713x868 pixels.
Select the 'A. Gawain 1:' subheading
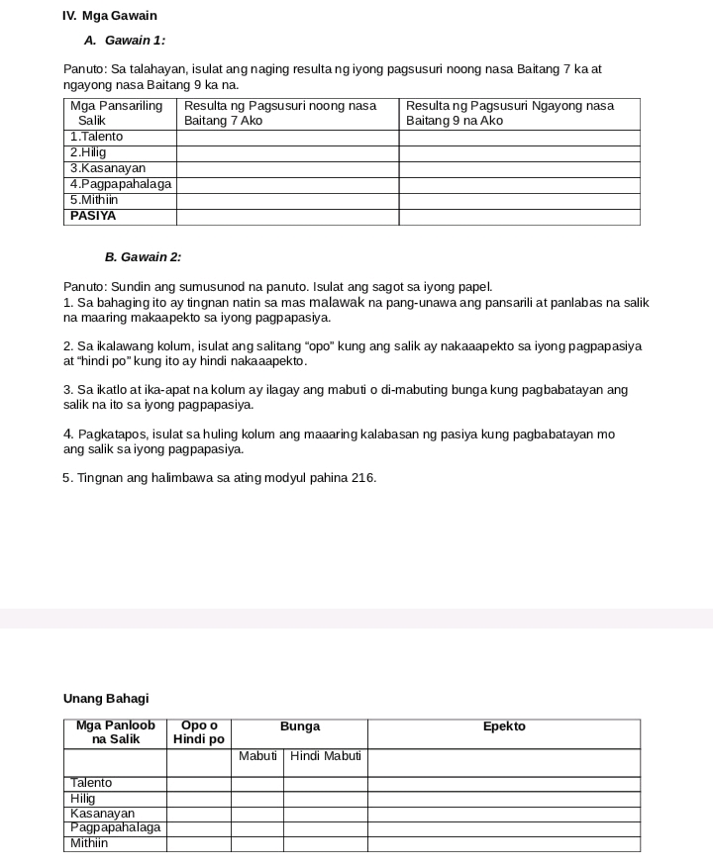[x=125, y=41]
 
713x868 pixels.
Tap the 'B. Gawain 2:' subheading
[x=144, y=257]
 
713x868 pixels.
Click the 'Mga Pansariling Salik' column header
[x=117, y=113]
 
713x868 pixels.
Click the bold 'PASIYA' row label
[x=93, y=216]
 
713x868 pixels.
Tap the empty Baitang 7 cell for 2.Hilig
[x=287, y=152]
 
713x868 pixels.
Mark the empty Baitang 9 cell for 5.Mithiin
[x=519, y=200]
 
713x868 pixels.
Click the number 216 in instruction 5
[x=362, y=478]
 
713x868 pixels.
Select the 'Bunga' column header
[x=300, y=726]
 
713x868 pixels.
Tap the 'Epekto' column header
[x=504, y=726]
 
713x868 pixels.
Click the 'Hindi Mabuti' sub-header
[x=326, y=757]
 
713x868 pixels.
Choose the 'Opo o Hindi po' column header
[x=199, y=732]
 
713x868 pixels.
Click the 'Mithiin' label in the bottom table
[x=90, y=843]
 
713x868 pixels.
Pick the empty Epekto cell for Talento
[x=504, y=783]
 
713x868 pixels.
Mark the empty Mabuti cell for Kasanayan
[x=257, y=814]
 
